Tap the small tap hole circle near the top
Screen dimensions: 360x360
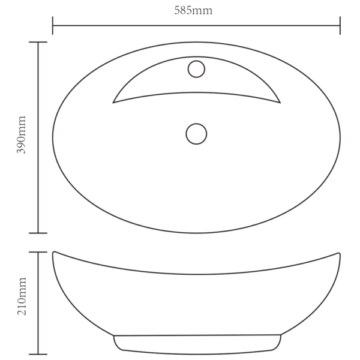196,70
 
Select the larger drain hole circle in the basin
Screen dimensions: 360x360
196,133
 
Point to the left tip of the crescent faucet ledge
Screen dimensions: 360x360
113,103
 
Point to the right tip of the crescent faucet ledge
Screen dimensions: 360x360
280,103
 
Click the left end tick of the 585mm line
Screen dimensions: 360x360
53,25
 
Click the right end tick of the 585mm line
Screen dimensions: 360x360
340,25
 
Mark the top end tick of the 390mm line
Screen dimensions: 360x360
38,43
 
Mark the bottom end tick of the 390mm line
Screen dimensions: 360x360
38,233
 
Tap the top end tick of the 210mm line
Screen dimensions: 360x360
38,252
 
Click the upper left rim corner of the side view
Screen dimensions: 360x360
54,252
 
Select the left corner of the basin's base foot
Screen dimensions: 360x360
114,336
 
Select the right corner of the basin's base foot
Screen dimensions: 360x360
280,336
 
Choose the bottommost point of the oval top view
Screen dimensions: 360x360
196,233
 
